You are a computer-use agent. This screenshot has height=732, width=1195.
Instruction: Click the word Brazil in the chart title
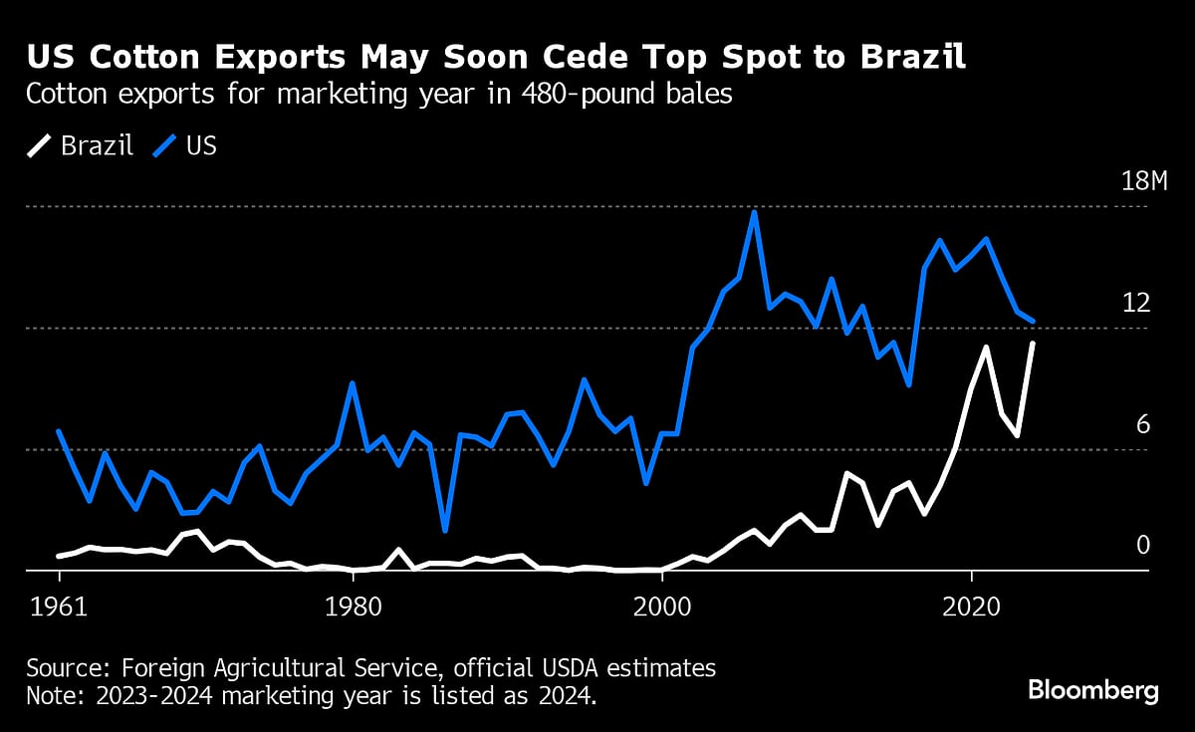click(910, 58)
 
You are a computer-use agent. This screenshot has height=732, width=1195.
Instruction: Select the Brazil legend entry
click(81, 146)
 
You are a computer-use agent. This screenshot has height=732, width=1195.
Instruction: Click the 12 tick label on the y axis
click(1136, 303)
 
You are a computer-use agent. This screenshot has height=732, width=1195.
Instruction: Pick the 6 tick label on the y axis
click(1143, 424)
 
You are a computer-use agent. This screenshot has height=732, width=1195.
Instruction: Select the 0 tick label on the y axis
click(1143, 545)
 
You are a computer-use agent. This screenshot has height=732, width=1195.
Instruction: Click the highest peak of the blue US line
click(754, 212)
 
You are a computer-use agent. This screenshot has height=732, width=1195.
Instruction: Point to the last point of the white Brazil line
click(1033, 344)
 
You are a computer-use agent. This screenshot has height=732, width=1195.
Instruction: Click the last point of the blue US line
click(1033, 322)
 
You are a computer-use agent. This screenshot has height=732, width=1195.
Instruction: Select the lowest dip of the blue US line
click(445, 531)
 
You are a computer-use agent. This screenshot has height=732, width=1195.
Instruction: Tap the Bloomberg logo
click(1092, 689)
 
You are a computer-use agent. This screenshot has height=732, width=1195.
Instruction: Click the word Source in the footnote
click(61, 667)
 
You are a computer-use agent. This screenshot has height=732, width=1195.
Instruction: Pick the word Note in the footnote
click(51, 694)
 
